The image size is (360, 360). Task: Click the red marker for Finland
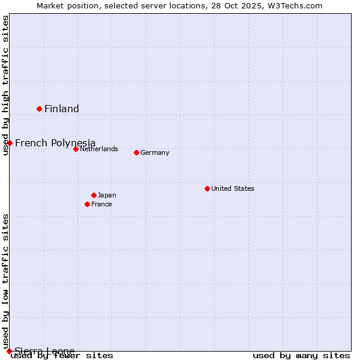pos(40,109)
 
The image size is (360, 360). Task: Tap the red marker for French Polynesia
pos(10,143)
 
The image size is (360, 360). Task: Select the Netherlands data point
pos(76,149)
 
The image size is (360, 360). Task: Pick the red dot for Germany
pos(136,152)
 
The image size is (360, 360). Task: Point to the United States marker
pos(207,188)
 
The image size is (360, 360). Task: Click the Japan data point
pos(94,195)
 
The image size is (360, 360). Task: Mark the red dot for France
pos(88,204)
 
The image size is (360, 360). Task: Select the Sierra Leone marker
pos(9,351)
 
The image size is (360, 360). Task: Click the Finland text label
pos(62,109)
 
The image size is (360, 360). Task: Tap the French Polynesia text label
pos(55,143)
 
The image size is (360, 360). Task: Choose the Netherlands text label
pos(99,149)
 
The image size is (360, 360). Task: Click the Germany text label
pos(155,152)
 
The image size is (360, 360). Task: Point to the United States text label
pos(233,188)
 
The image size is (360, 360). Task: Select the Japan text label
pos(107,195)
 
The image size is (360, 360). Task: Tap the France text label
pos(101,204)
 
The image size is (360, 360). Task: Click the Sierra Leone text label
pos(44,351)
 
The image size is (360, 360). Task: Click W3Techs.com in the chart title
pos(295,5)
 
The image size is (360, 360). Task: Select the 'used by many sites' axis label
pos(301,355)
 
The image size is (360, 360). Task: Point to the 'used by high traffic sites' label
pos(5,85)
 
